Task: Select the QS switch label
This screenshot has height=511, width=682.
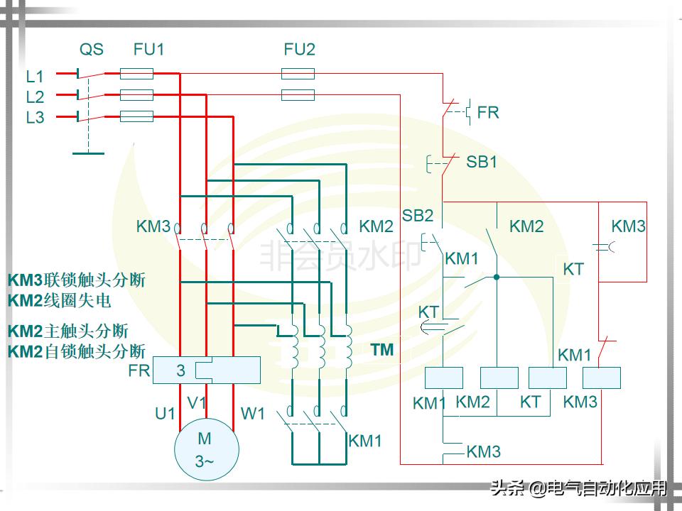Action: point(91,50)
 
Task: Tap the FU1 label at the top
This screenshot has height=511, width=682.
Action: point(148,50)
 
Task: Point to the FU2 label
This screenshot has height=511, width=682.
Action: point(299,50)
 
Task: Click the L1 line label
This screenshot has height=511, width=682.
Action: point(35,76)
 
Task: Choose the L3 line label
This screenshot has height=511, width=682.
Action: point(35,118)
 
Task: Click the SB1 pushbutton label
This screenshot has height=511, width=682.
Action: point(481,162)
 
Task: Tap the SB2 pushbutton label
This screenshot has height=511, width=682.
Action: point(417,215)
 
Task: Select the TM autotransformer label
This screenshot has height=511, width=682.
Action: point(382,350)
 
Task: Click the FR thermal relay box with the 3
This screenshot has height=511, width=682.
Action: point(206,370)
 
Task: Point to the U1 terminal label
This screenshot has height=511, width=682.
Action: point(165,412)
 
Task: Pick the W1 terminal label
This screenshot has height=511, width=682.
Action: point(253,412)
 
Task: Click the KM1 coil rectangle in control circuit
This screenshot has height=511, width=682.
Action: point(443,378)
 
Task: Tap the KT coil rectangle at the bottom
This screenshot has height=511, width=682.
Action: point(548,378)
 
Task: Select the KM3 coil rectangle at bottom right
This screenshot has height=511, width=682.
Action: point(602,378)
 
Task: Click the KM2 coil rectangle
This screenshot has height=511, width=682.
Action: point(499,378)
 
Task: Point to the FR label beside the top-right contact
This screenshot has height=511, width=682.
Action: point(488,112)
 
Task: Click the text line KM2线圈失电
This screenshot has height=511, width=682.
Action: point(60,300)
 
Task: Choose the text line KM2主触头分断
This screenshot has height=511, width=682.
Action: point(68,331)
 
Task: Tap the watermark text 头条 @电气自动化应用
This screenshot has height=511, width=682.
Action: point(579,488)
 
